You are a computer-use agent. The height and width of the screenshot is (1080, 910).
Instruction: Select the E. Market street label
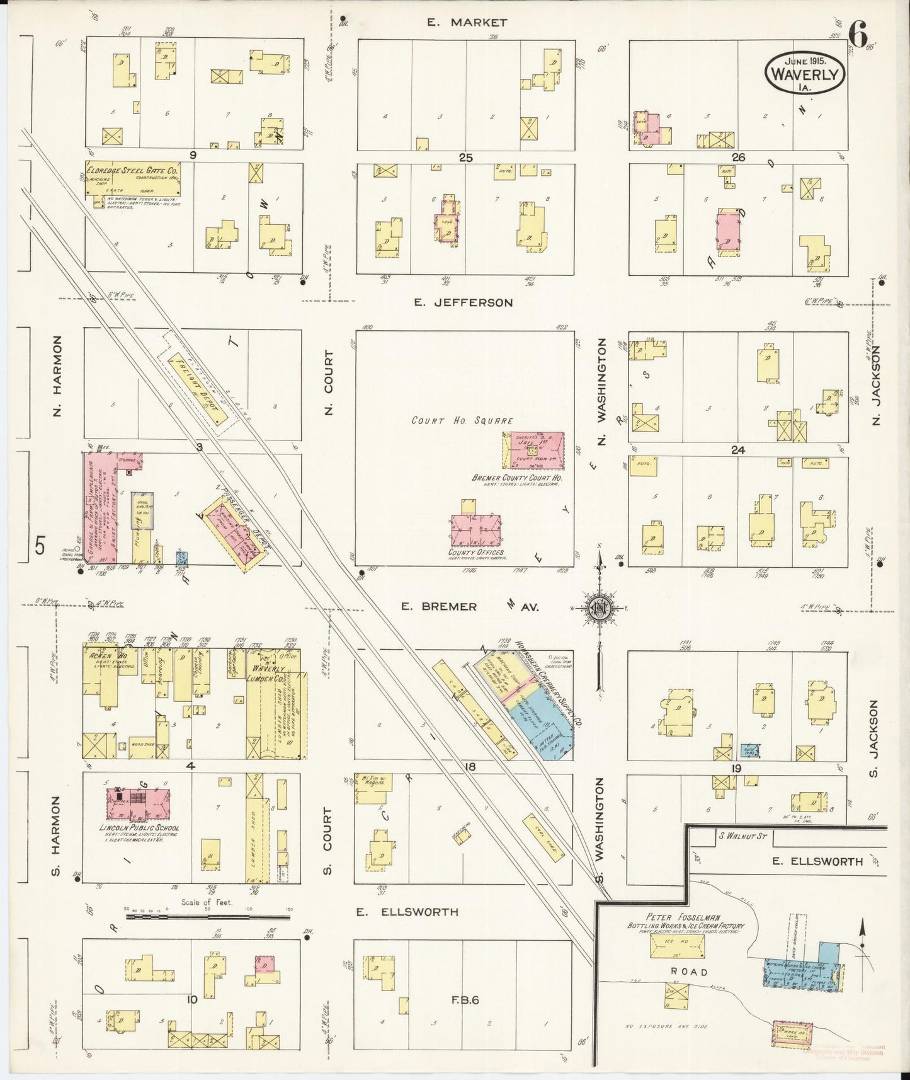[x=467, y=23]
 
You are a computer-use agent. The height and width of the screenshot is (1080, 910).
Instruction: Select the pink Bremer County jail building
[x=533, y=451]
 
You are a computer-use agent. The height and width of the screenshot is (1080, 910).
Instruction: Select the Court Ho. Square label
[x=462, y=420]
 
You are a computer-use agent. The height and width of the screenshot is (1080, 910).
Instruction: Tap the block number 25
[x=465, y=158]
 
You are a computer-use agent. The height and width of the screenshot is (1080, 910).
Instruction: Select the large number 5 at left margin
[x=40, y=546]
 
